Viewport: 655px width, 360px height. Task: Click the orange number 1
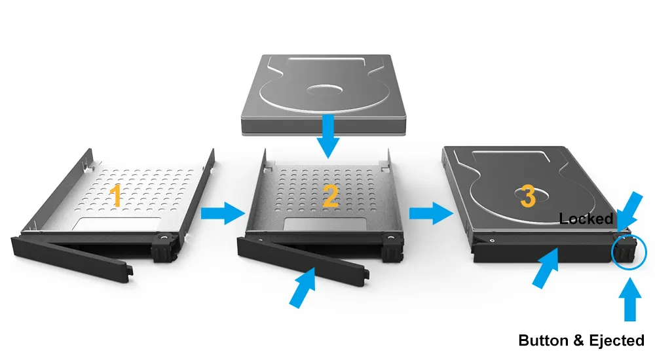pos(116,196)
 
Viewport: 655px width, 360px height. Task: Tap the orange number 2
pos(331,196)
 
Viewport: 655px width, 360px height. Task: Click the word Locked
pos(586,219)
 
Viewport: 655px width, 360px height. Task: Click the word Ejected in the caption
pos(616,340)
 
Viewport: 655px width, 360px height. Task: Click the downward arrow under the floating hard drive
pos(328,136)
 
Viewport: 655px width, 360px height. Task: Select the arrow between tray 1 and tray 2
pos(223,213)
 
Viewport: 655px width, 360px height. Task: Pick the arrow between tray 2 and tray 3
pos(431,213)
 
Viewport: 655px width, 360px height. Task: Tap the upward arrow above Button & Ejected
pos(630,299)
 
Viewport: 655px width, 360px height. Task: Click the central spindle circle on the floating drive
pos(325,90)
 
